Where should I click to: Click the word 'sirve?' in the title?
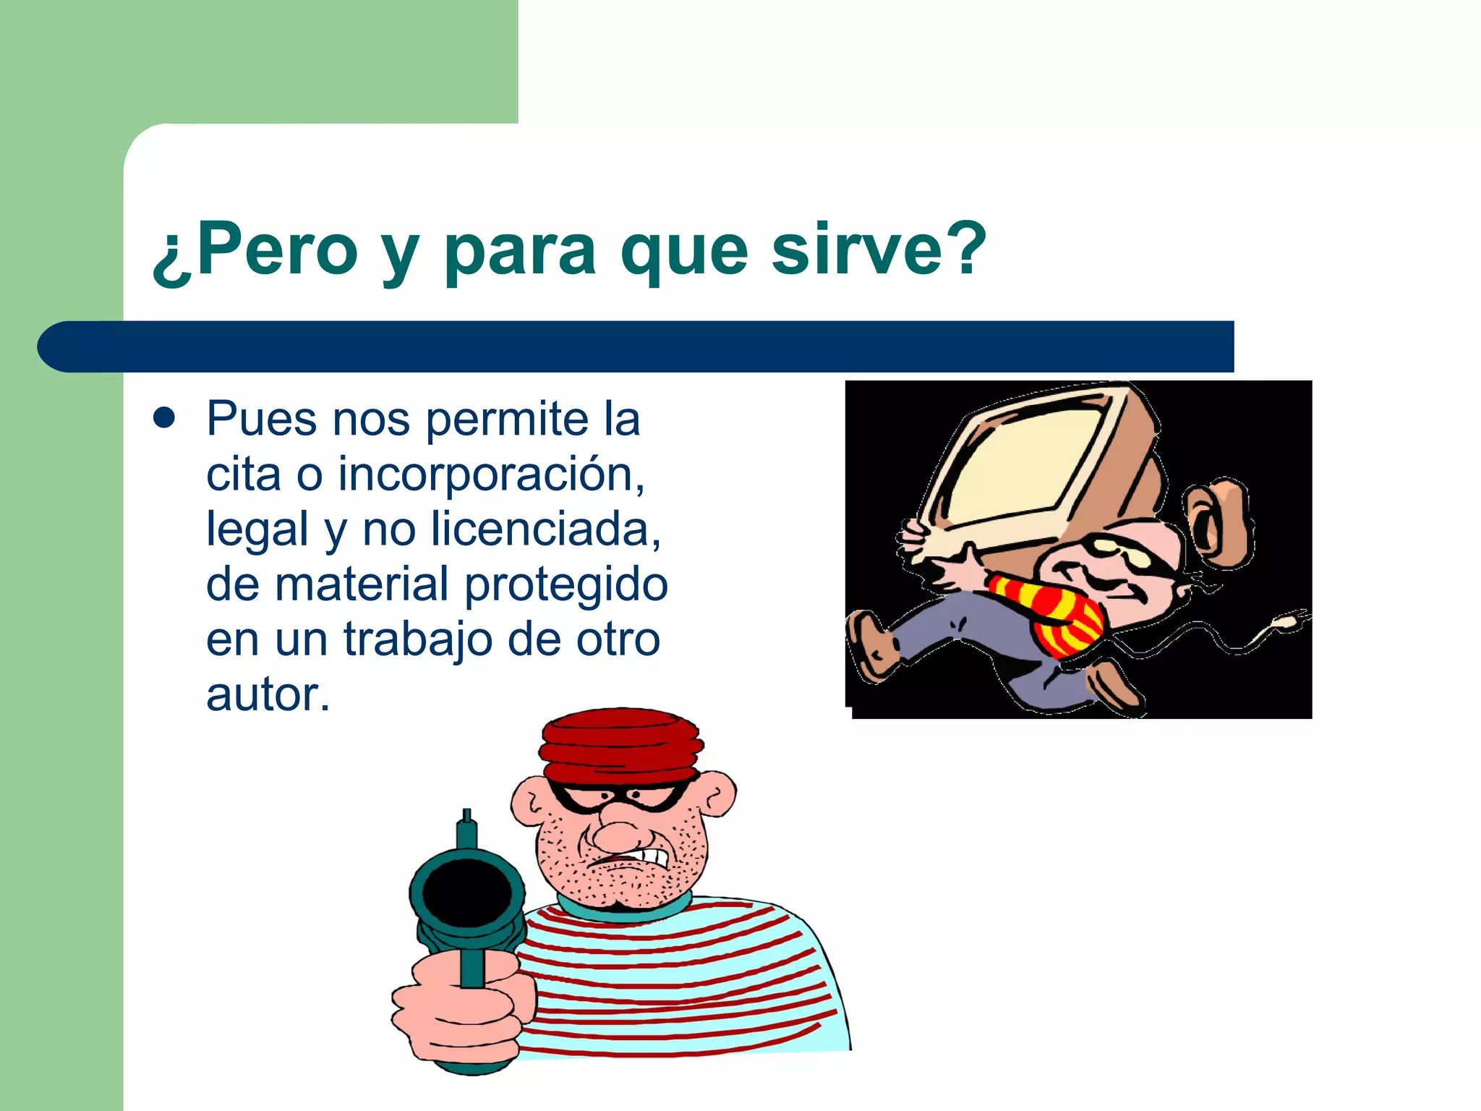pyautogui.click(x=878, y=250)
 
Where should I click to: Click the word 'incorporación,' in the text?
pyautogui.click(x=492, y=474)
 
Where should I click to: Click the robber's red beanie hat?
pyautogui.click(x=620, y=745)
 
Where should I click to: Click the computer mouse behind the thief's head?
pyautogui.click(x=1222, y=521)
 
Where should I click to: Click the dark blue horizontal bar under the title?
pyautogui.click(x=636, y=346)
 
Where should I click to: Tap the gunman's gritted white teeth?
pyautogui.click(x=647, y=857)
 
